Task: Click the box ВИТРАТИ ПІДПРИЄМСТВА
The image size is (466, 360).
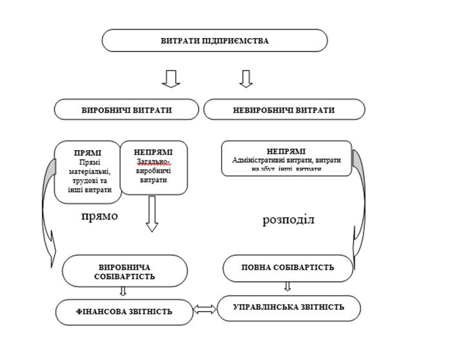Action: tap(215, 41)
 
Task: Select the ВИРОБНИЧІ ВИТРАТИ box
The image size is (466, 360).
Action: tap(126, 109)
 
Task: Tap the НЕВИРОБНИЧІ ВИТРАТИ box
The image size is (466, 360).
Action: tap(284, 109)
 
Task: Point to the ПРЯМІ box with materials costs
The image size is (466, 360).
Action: tap(88, 171)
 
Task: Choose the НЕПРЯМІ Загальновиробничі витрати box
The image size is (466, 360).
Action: tap(153, 167)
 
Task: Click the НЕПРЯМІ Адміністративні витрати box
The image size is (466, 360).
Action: tap(286, 158)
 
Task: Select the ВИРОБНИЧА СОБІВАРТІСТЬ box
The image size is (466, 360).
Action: tap(124, 270)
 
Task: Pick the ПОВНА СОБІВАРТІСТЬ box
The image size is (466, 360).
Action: tap(287, 267)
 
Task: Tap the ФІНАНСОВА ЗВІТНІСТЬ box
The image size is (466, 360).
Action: tap(124, 312)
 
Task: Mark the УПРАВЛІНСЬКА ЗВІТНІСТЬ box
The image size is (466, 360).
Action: tap(288, 307)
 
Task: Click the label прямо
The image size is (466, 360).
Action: tap(99, 216)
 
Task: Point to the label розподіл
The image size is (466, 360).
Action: tap(288, 220)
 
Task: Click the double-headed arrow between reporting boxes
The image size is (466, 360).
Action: tap(205, 310)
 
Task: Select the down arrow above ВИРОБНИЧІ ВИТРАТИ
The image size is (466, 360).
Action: tap(171, 78)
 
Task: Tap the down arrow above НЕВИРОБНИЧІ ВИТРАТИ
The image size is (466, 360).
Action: tap(246, 78)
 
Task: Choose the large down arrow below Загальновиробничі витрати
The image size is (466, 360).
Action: tap(151, 213)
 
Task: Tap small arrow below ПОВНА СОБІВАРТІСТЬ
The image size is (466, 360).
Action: tap(287, 287)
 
